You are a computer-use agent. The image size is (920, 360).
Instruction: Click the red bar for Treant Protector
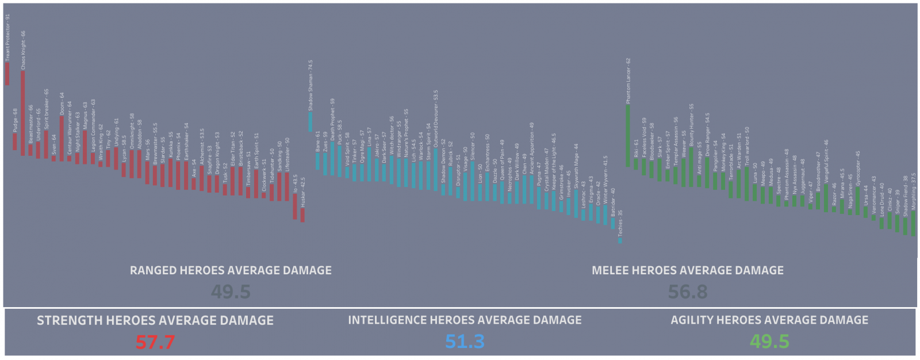pos(7,74)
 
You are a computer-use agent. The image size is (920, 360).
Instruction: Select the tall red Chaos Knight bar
pos(23,113)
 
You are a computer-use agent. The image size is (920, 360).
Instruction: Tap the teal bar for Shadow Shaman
pos(310,121)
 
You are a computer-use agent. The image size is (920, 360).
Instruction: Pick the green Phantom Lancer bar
pos(628,136)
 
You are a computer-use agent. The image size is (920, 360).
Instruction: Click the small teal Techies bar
pos(620,240)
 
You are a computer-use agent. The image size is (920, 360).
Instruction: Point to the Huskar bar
pos(302,215)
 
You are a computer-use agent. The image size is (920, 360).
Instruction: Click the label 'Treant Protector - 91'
pos(8,38)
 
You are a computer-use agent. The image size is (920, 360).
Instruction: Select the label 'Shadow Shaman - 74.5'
pos(310,85)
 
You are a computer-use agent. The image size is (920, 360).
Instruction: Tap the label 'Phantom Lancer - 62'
pos(628,81)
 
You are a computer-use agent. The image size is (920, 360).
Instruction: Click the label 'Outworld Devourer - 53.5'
pos(436,118)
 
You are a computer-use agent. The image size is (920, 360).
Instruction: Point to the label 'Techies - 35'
pos(620,223)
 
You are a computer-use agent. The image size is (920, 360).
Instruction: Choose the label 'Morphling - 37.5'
pos(913,191)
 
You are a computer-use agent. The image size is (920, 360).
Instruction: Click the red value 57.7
pos(155,342)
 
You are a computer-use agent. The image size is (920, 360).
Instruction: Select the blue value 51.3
pos(465,342)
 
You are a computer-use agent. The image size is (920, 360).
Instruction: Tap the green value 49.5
pos(769,342)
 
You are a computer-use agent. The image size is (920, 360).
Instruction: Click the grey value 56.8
pos(688,292)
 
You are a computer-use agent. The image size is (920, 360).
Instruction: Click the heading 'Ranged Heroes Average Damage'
pos(231,270)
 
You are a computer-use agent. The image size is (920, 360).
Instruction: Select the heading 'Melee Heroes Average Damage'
pos(688,270)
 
